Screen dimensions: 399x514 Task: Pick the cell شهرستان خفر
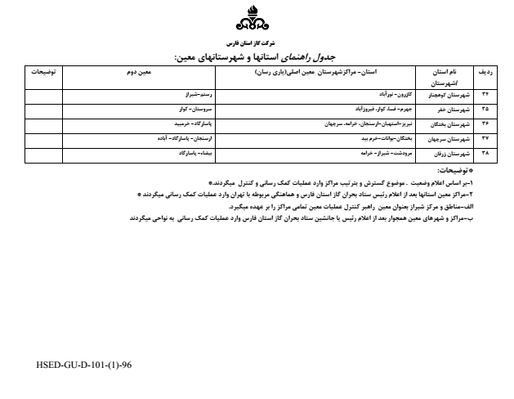(453, 109)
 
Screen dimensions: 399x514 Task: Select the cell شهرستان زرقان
(451, 153)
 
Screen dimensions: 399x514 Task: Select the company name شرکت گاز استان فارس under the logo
(256, 41)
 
